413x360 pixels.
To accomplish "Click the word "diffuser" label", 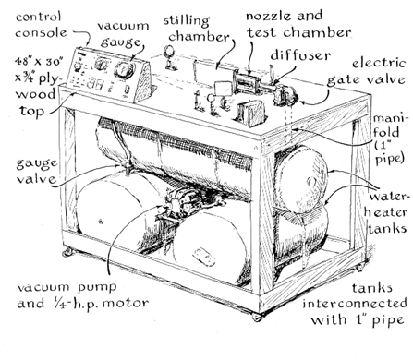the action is pyautogui.click(x=300, y=55).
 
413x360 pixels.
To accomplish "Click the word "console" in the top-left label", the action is pyautogui.click(x=41, y=32).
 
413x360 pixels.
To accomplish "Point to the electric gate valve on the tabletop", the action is pyautogui.click(x=285, y=93).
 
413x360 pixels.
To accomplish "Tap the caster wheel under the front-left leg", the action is pyautogui.click(x=67, y=253).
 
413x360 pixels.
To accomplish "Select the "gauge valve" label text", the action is pyautogui.click(x=37, y=171).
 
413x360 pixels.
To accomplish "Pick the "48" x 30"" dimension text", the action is pyautogui.click(x=40, y=61).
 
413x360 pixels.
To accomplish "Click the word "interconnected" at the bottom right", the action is pyautogui.click(x=355, y=304).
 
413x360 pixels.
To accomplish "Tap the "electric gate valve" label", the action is pyautogui.click(x=366, y=72).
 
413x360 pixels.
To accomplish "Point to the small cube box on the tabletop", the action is pyautogui.click(x=250, y=113).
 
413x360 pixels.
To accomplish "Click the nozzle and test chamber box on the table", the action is pyautogui.click(x=246, y=81).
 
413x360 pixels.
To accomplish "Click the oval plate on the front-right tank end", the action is pyautogui.click(x=204, y=256).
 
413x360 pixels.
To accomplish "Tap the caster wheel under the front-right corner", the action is pyautogui.click(x=257, y=317).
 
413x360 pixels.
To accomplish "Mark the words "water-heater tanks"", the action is pyautogui.click(x=388, y=212).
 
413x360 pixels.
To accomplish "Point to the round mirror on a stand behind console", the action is pyautogui.click(x=169, y=51).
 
